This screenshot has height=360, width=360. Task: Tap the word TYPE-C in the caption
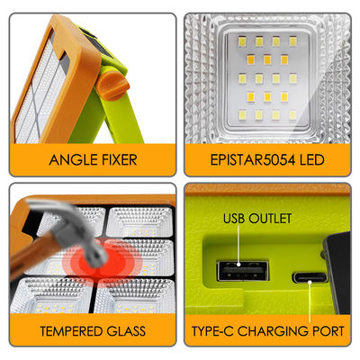coord(212,332)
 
